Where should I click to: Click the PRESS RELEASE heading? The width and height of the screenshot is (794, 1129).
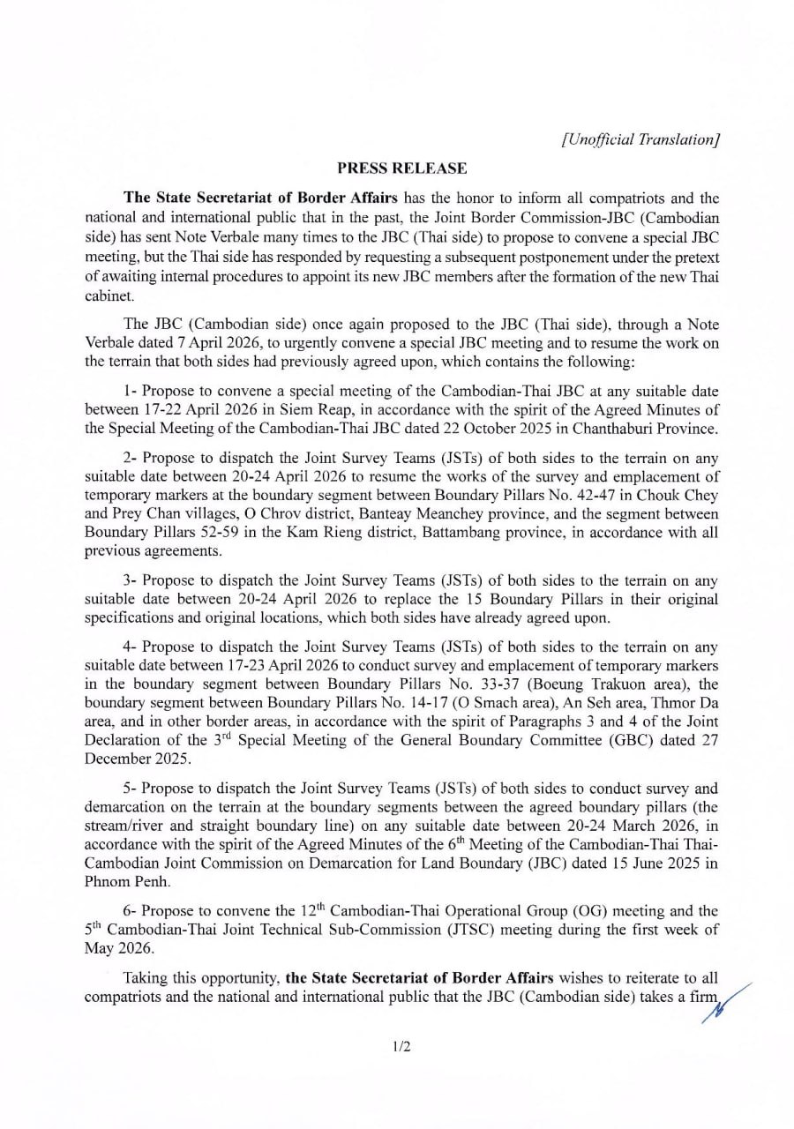tap(401, 168)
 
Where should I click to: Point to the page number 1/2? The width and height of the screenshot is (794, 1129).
tap(401, 1047)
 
